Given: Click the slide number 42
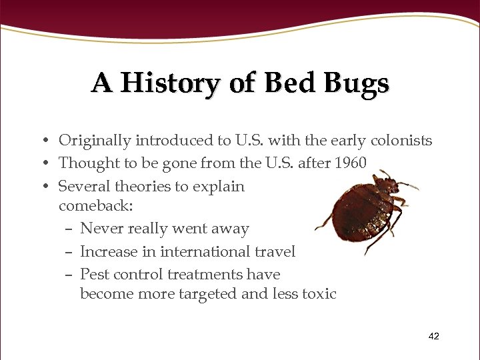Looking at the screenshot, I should point(433,337).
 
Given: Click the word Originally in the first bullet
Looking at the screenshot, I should point(95,141).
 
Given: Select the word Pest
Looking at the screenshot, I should point(94,274).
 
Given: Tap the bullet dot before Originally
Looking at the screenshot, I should point(42,141).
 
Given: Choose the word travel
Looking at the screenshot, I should point(273,251).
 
